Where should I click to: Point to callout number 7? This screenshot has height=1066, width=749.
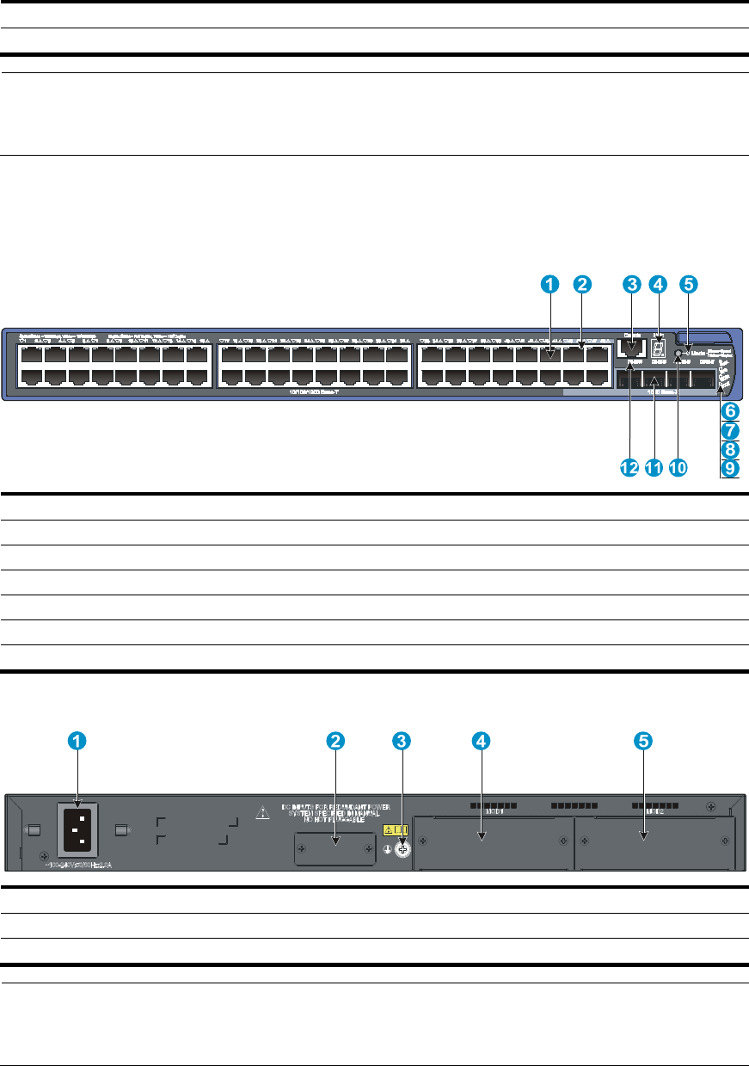coord(730,429)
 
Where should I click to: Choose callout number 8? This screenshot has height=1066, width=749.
coord(730,448)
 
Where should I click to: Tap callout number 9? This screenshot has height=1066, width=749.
coord(730,468)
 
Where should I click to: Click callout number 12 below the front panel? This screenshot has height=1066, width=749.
coord(629,468)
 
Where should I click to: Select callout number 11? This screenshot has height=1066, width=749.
coord(654,468)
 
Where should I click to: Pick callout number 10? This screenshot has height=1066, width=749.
coord(678,468)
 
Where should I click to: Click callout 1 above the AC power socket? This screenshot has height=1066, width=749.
coord(77,740)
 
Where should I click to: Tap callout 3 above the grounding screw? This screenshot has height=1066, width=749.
coord(401,740)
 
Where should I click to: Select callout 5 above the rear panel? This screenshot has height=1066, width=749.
coord(642,740)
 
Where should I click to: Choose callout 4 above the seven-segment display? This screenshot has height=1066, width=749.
coord(658,283)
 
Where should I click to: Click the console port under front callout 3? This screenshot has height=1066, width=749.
coord(632,348)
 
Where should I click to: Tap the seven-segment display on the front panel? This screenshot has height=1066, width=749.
coord(659,348)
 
